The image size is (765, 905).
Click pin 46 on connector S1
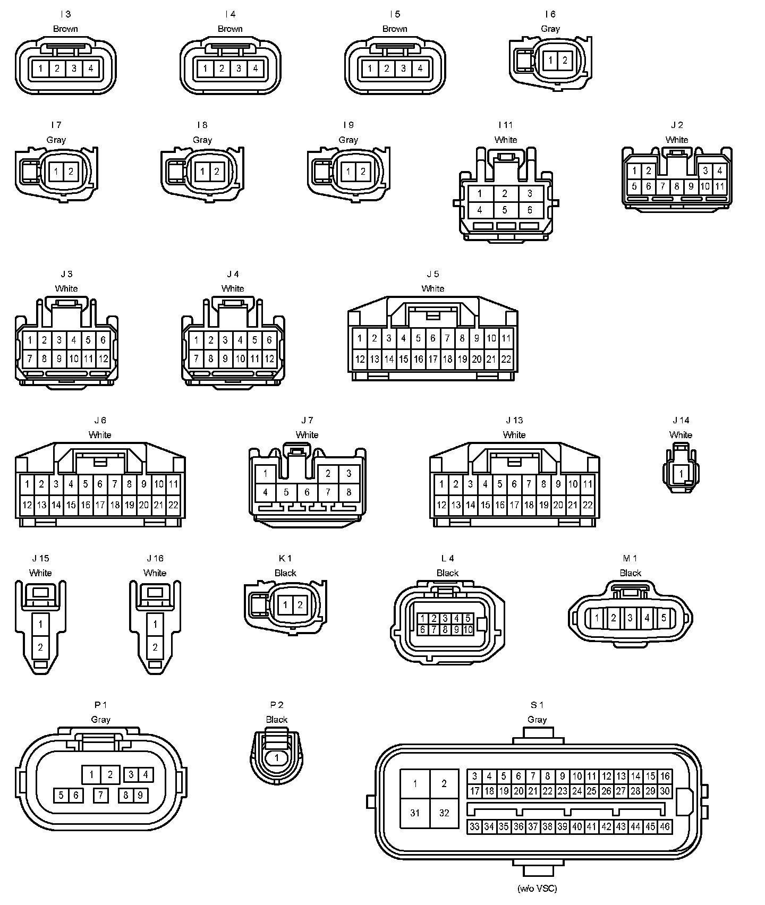[x=665, y=827]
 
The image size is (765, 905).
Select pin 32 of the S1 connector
[x=444, y=813]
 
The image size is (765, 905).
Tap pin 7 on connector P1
[x=100, y=795]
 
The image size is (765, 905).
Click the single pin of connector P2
[x=276, y=758]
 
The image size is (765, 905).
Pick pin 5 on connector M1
[x=664, y=618]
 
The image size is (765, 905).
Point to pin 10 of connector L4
[x=467, y=630]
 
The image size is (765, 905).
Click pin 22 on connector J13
[x=587, y=506]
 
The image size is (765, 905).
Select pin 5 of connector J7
[x=286, y=492]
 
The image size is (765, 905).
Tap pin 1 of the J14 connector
[x=681, y=473]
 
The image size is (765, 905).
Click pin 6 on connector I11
[x=529, y=210]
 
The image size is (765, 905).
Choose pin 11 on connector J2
[x=719, y=186]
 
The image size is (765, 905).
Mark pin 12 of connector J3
[x=103, y=359]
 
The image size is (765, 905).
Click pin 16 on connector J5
[x=418, y=359]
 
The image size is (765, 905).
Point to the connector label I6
[x=550, y=14]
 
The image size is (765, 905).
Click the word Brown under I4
[x=230, y=29]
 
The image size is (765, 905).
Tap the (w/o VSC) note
[x=537, y=888]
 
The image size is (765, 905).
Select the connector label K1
[x=285, y=558]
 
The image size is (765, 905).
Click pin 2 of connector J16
[x=155, y=647]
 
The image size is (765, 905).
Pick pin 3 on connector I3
[x=74, y=69]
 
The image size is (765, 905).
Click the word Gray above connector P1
[x=100, y=720]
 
